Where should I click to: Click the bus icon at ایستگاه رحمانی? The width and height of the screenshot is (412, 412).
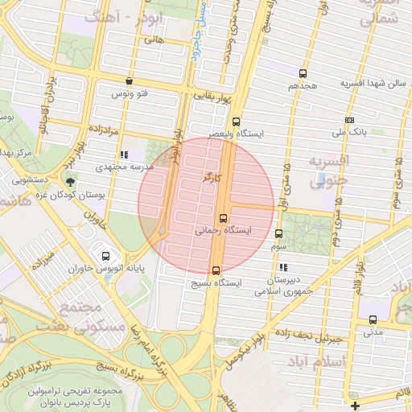point(223,218)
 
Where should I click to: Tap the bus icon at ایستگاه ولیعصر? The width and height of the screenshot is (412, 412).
point(235,122)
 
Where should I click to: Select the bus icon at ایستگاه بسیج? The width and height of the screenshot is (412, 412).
point(215,270)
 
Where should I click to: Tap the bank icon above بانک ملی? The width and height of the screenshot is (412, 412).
point(348,120)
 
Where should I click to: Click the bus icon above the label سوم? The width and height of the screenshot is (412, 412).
point(278,233)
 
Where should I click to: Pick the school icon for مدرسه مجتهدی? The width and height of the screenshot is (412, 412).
point(123,154)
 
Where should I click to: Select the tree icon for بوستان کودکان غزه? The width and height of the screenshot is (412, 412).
point(70,182)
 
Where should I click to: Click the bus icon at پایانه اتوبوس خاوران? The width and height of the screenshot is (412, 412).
point(105,256)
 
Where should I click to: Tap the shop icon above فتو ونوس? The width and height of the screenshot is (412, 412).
point(130,80)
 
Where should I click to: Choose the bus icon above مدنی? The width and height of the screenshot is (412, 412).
point(373,319)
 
